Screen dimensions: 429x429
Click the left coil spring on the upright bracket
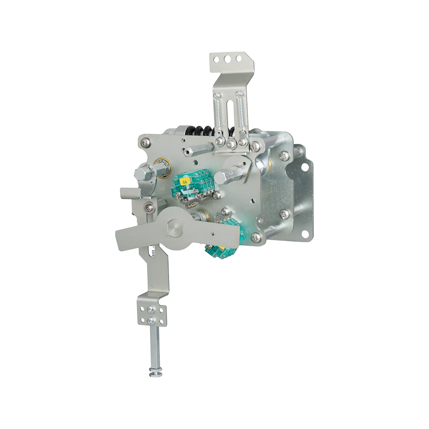click(217, 113)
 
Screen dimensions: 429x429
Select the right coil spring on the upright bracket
click(241, 113)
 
